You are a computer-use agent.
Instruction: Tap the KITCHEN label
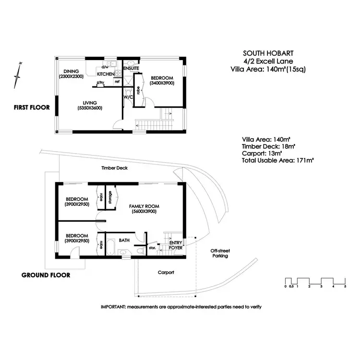106,74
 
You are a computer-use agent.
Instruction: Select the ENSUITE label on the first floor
131,69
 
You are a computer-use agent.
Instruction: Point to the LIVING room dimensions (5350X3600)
89,108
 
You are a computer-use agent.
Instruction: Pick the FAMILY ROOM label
144,206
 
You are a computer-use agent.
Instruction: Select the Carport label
166,272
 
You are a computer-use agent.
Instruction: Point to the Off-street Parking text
220,253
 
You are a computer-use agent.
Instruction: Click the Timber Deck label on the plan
114,168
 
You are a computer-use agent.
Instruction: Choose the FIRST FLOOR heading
32,108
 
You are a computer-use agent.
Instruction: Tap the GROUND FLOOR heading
46,276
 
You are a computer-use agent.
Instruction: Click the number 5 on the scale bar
345,287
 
